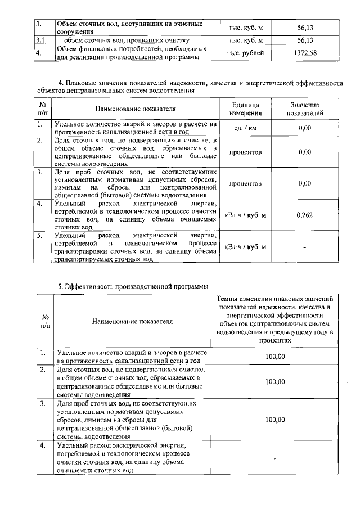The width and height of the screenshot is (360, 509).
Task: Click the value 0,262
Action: (304, 214)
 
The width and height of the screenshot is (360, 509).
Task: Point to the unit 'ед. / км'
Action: (245, 128)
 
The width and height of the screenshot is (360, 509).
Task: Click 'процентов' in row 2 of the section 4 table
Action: (245, 152)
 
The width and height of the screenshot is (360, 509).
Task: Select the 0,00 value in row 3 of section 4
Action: (304, 183)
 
